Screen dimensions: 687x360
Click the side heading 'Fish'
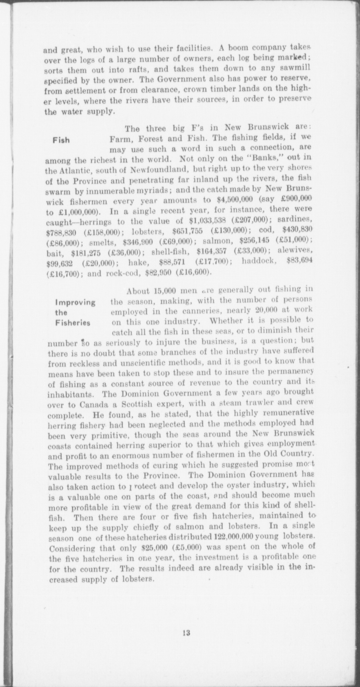click(61, 140)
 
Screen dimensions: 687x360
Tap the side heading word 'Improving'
click(75, 303)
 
